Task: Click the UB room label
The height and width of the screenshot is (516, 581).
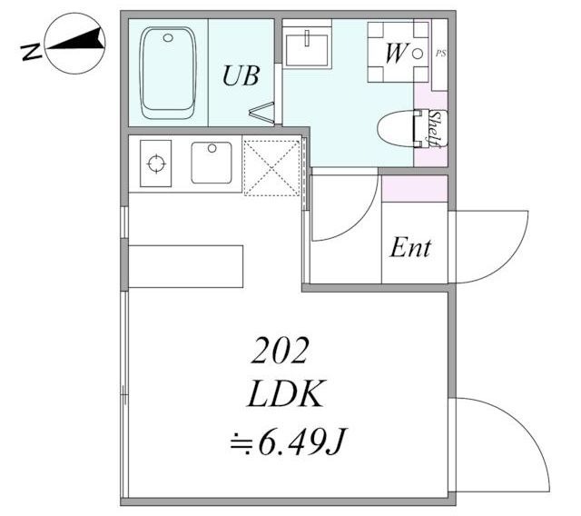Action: tap(241, 75)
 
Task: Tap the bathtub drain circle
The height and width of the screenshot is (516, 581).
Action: tap(168, 37)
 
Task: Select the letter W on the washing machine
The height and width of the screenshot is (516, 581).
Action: tap(397, 53)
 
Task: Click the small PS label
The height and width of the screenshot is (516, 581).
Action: tap(440, 54)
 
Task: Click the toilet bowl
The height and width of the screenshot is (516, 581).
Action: tap(396, 128)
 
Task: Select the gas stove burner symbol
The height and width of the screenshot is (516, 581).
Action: tap(156, 164)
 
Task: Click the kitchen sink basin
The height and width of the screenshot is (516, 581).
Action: tap(212, 163)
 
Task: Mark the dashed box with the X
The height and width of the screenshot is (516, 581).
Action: tap(271, 167)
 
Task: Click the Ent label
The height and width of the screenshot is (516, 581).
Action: tap(410, 248)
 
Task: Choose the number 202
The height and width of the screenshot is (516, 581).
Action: tap(281, 351)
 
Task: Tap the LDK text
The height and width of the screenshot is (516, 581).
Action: tap(284, 393)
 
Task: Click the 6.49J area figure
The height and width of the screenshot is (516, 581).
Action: tap(288, 442)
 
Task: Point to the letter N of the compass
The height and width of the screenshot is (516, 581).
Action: tap(30, 52)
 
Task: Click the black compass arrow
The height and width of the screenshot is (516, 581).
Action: tap(74, 39)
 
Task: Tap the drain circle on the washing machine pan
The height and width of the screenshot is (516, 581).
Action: tap(418, 54)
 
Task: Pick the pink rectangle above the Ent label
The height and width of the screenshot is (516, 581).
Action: tap(415, 189)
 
